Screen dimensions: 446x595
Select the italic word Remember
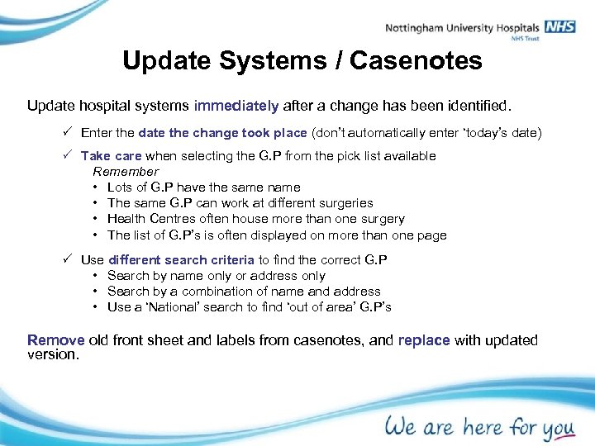tap(126, 172)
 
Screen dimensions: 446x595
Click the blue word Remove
tap(56, 340)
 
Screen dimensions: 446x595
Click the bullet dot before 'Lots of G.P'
tap(97, 187)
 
